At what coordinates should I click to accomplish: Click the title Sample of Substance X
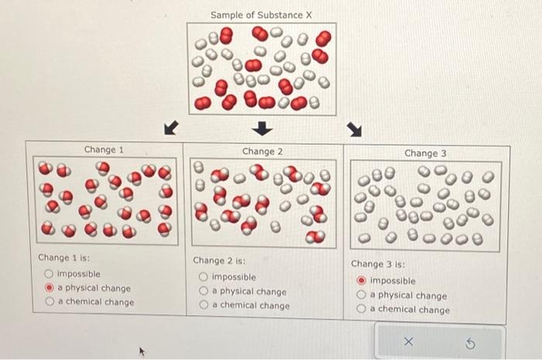[261, 15]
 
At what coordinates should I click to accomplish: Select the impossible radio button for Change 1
[49, 273]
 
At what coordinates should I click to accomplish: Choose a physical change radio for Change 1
[49, 288]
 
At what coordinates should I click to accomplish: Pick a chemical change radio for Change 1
[49, 302]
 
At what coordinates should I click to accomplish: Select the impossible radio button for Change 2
[204, 277]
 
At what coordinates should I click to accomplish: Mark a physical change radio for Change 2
[204, 292]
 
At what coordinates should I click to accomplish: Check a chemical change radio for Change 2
[204, 306]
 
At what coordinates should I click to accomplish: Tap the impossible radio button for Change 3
[362, 281]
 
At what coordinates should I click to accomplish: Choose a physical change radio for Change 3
[362, 296]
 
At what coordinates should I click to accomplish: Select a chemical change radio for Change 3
[362, 310]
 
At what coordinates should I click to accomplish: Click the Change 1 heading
[104, 149]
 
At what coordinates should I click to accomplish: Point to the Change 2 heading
[262, 151]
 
